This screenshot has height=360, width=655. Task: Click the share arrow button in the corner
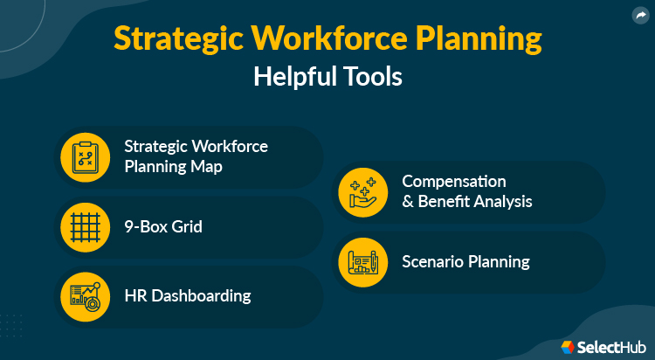click(640, 15)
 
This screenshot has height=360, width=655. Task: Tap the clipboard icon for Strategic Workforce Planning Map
click(85, 157)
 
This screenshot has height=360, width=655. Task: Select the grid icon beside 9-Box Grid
click(85, 226)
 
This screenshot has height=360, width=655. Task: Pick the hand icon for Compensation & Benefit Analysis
click(362, 192)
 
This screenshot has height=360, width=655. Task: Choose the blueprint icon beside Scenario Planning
click(362, 261)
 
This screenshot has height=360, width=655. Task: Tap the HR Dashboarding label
click(187, 296)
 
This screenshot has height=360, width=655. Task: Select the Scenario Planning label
click(465, 261)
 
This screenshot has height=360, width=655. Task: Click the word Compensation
click(453, 182)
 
